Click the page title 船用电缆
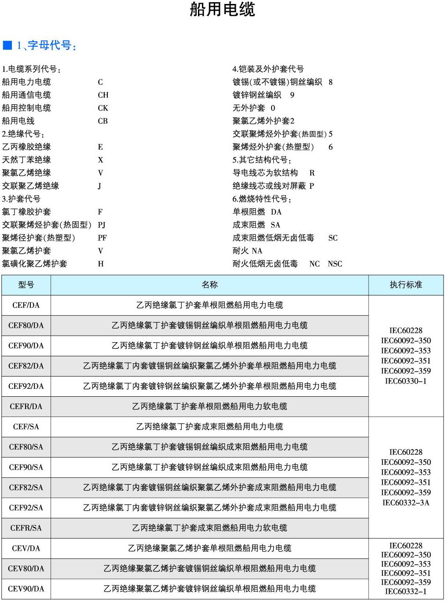pyautogui.click(x=222, y=9)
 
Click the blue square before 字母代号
pyautogui.click(x=7, y=45)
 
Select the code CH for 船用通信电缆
pyautogui.click(x=103, y=95)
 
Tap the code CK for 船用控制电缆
pyautogui.click(x=103, y=108)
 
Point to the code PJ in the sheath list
pyautogui.click(x=102, y=225)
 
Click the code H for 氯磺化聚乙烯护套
pyautogui.click(x=101, y=264)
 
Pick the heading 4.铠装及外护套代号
pyautogui.click(x=268, y=69)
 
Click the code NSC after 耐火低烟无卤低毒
pyautogui.click(x=335, y=264)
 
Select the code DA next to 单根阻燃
pyautogui.click(x=276, y=212)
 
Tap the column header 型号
pyautogui.click(x=26, y=285)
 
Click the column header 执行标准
pyautogui.click(x=406, y=285)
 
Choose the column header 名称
pyautogui.click(x=209, y=285)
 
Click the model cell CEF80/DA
pyautogui.click(x=26, y=325)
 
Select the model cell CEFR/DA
pyautogui.click(x=26, y=406)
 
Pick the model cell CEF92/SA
pyautogui.click(x=26, y=508)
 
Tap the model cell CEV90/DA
pyautogui.click(x=26, y=589)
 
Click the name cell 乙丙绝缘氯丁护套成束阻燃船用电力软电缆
pyautogui.click(x=209, y=528)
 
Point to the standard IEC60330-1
pyautogui.click(x=406, y=381)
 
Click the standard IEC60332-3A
pyautogui.click(x=406, y=503)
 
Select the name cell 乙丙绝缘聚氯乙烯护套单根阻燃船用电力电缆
pyautogui.click(x=209, y=548)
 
